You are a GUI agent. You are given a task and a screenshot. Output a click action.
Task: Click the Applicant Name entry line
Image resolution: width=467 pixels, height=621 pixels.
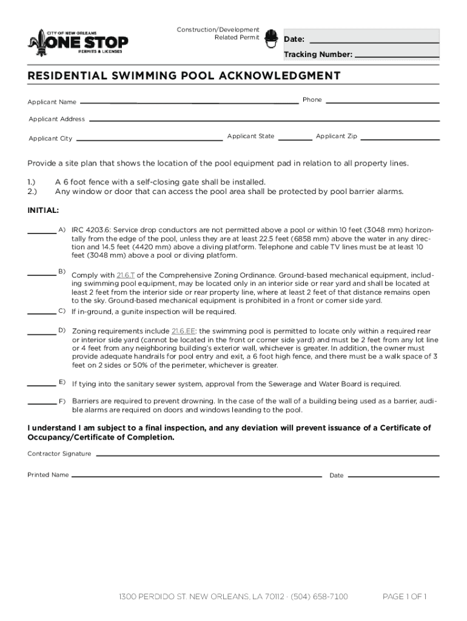click(x=189, y=102)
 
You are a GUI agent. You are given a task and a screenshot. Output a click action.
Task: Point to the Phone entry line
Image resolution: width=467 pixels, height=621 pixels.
click(x=382, y=101)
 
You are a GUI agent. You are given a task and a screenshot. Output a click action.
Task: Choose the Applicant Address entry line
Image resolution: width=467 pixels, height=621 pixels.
click(x=264, y=120)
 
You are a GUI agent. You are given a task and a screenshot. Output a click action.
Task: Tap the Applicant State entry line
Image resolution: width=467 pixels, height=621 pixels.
click(x=295, y=138)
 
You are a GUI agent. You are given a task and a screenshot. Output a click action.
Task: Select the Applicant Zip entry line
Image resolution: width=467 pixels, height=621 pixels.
click(x=400, y=138)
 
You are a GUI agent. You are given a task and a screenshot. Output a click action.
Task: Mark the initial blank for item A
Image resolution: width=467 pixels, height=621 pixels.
click(x=42, y=232)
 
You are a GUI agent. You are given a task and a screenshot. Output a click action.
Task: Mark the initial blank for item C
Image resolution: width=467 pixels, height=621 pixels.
click(x=42, y=313)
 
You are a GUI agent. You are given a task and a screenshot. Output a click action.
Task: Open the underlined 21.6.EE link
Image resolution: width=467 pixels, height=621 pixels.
click(x=183, y=331)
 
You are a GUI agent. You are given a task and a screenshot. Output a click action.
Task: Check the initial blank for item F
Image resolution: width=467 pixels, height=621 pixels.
click(x=42, y=403)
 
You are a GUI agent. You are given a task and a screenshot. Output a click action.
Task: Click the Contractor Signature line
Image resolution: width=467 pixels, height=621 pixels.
click(x=267, y=455)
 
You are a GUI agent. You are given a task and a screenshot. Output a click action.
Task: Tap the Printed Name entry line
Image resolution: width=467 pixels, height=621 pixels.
click(x=196, y=477)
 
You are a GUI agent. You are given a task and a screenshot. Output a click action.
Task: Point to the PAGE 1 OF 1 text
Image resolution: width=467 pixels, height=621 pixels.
click(x=405, y=597)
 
